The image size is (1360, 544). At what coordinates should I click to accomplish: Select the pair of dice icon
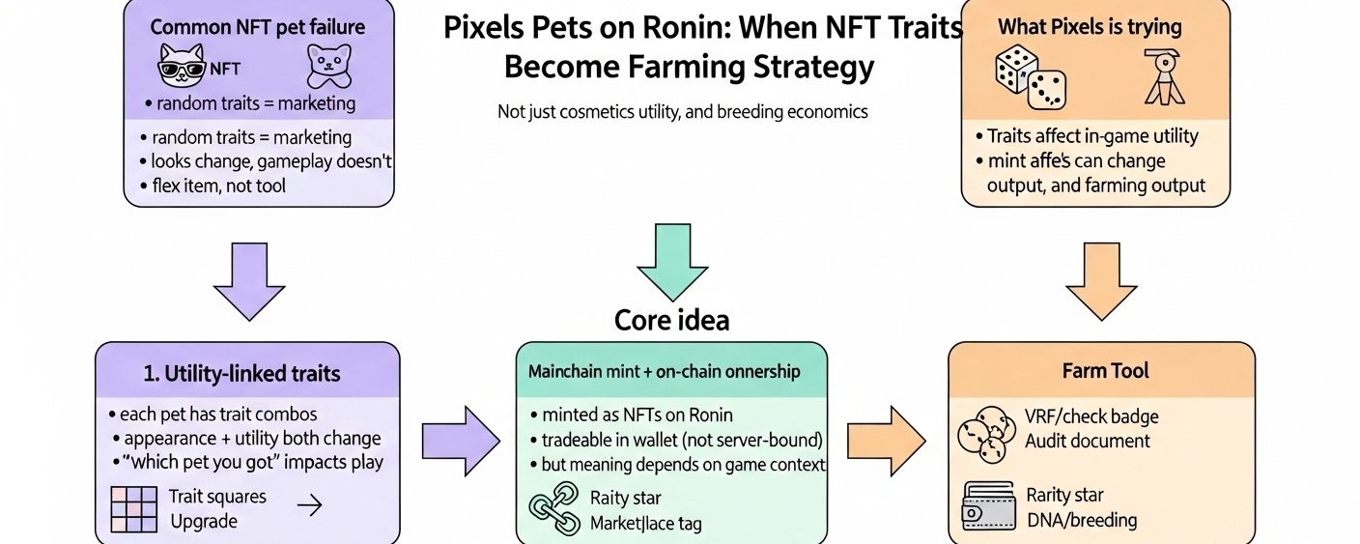1030,78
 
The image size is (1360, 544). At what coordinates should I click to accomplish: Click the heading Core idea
671,320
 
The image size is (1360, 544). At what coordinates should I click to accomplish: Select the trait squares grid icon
135,509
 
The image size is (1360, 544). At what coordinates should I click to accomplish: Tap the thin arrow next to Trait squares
309,506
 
